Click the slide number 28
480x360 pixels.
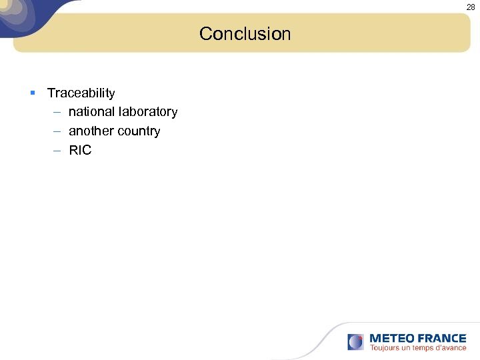(x=471, y=7)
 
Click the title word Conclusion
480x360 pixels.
(x=245, y=33)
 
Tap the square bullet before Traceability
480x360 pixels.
(x=33, y=91)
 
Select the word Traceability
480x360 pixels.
(x=81, y=93)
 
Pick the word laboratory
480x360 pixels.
(x=147, y=112)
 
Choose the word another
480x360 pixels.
(x=91, y=131)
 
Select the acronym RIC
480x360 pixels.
(x=80, y=151)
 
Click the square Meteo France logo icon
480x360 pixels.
(x=355, y=342)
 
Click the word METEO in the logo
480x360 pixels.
(x=391, y=338)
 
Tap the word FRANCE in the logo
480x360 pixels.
(x=441, y=338)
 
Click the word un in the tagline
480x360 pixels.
(x=405, y=348)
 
